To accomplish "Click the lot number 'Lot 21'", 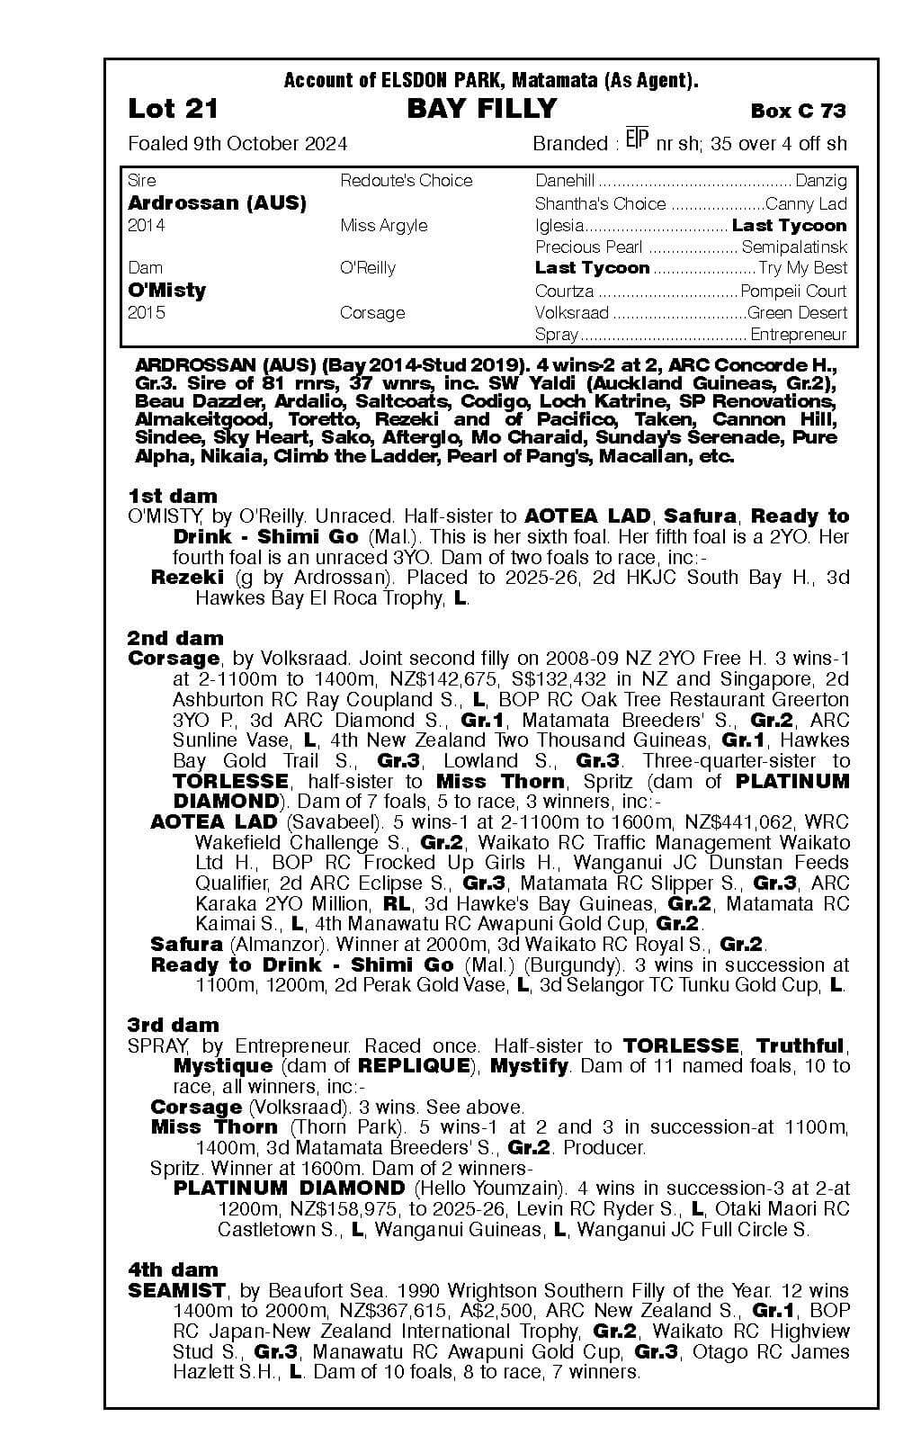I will click(x=174, y=110).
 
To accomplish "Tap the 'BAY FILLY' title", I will click(x=482, y=110).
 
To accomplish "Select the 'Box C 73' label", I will click(x=798, y=111).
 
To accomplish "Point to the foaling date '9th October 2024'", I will click(x=269, y=144).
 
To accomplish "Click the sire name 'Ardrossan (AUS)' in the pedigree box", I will click(x=217, y=203).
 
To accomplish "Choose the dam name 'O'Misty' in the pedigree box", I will click(x=167, y=291).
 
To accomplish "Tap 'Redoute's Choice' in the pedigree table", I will click(x=406, y=181).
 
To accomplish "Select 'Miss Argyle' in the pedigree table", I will click(x=384, y=226).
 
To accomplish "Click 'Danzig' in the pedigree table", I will click(x=821, y=181).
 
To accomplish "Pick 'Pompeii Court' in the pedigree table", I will click(x=793, y=291).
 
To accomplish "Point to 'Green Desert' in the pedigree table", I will click(x=797, y=313).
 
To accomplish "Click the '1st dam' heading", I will click(x=173, y=496).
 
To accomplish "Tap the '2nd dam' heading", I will click(x=175, y=638).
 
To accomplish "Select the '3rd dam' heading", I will click(x=173, y=1025).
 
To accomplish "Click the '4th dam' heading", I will click(x=173, y=1269).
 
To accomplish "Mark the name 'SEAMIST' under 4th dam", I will click(x=176, y=1291).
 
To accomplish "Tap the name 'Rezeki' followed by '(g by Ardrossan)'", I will click(x=186, y=578).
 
